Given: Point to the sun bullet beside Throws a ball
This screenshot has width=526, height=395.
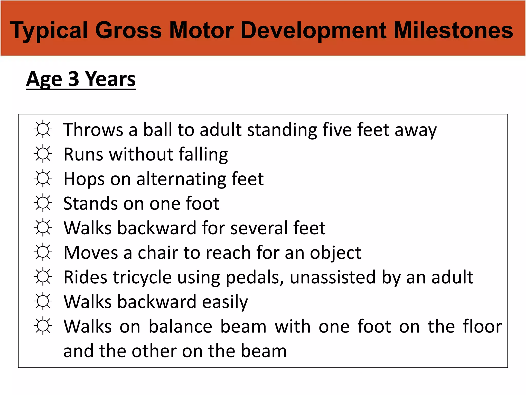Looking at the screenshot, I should pyautogui.click(x=43, y=129).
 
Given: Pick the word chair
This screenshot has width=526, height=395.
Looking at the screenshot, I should pyautogui.click(x=158, y=253).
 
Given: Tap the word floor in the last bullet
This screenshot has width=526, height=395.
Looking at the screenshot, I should pyautogui.click(x=482, y=326).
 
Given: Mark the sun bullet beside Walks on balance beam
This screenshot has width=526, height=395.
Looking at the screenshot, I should pyautogui.click(x=43, y=326).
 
